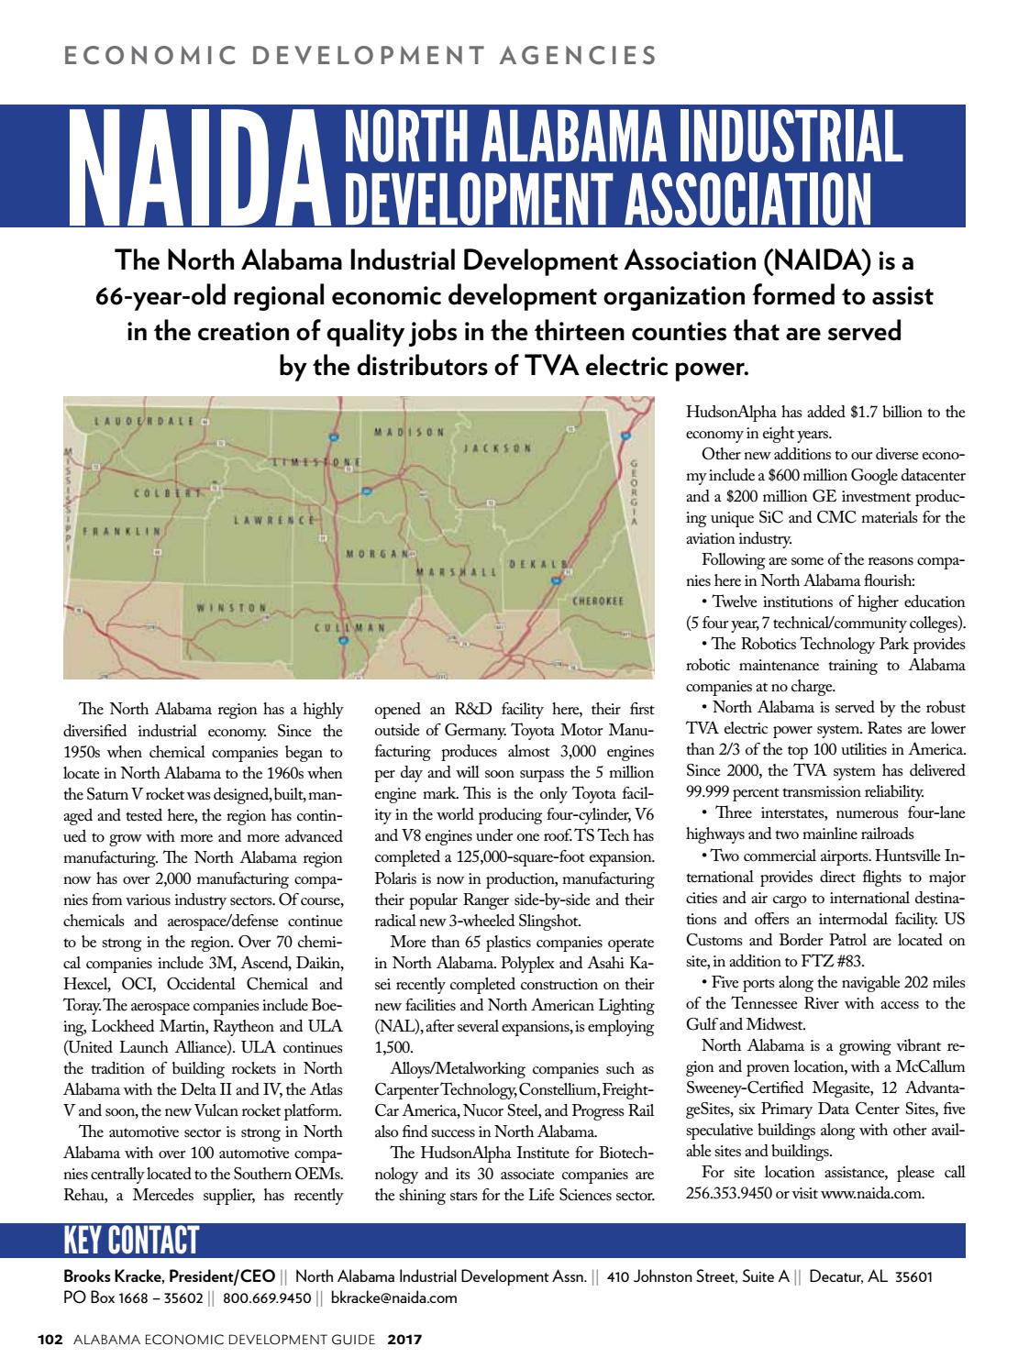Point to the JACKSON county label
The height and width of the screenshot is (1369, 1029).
click(x=496, y=447)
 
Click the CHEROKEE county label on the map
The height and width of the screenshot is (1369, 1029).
click(x=597, y=602)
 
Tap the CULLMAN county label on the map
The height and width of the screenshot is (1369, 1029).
click(x=349, y=627)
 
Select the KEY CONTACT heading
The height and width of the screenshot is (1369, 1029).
click(x=130, y=1242)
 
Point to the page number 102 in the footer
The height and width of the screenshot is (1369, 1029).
click(x=49, y=1340)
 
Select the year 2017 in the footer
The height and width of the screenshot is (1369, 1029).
click(x=404, y=1340)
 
